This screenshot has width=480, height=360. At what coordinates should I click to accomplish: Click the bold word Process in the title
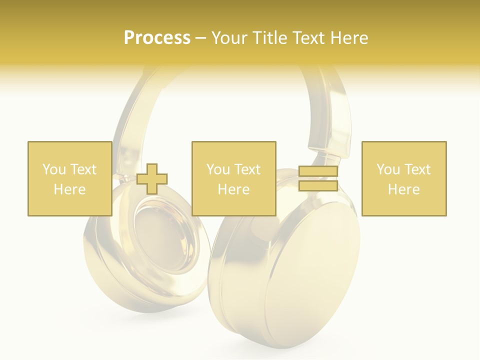tap(157, 38)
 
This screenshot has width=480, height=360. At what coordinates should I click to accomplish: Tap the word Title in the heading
tap(271, 38)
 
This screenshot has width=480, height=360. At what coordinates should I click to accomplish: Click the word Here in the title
tap(349, 38)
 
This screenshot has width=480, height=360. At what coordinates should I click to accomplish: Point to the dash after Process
tap(200, 38)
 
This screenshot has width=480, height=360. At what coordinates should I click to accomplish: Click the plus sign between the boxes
tap(152, 179)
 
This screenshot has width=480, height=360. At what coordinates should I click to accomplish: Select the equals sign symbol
tap(318, 178)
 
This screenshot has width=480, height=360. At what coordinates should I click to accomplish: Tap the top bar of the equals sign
tap(318, 171)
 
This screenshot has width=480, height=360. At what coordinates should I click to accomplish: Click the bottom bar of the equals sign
tap(318, 185)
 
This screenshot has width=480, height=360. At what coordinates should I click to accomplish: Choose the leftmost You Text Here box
tap(69, 178)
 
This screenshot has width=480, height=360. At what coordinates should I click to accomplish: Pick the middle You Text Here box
tap(233, 178)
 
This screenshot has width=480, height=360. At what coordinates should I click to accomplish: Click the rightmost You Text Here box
tap(403, 178)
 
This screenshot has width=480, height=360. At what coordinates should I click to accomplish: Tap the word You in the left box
tap(53, 169)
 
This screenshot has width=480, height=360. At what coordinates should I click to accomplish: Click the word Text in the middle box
tap(247, 169)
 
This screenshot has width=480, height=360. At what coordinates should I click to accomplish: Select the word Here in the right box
tap(403, 189)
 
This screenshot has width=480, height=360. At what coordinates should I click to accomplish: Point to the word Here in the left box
tap(69, 189)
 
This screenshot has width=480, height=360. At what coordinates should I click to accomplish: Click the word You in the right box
tap(387, 169)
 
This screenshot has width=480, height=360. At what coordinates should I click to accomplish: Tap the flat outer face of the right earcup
tap(310, 280)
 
